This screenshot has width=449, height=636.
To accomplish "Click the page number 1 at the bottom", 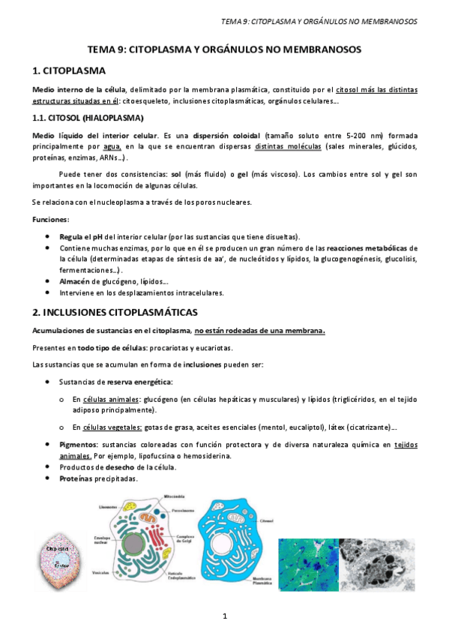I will coord(224,616).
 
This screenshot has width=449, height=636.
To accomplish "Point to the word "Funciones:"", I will coord(50,219).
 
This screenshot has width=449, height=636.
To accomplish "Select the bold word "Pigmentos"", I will coord(79,445).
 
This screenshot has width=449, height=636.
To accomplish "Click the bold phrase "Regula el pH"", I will coord(84,236).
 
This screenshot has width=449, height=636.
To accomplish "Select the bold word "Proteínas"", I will coord(77,478).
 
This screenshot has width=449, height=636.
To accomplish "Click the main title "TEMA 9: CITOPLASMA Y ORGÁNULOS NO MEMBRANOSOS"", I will coord(225,49).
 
